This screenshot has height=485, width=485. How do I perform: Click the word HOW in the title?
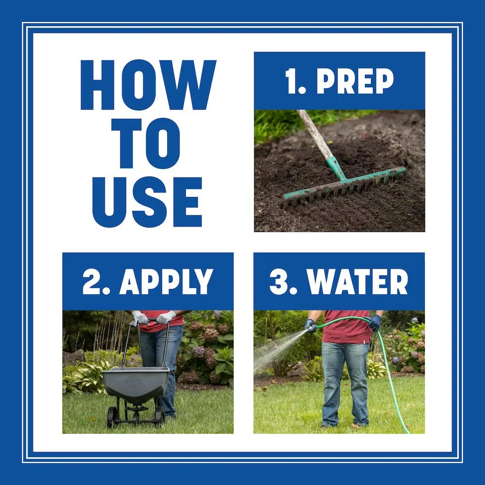(148, 85)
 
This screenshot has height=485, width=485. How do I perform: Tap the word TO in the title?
(145, 144)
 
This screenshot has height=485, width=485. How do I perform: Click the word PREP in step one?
(355, 81)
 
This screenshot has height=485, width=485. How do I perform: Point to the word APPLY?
(166, 281)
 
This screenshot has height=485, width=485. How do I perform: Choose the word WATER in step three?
(357, 281)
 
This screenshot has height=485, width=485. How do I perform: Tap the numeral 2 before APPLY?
(91, 281)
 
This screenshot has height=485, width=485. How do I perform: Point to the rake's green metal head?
(343, 186)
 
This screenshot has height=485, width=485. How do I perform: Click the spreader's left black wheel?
(113, 417)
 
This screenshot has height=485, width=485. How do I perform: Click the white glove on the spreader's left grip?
(139, 318)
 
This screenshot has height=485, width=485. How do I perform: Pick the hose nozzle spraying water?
(309, 327)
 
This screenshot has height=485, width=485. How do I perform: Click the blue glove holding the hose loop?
(374, 323)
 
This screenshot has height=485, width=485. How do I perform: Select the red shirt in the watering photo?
(347, 327)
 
